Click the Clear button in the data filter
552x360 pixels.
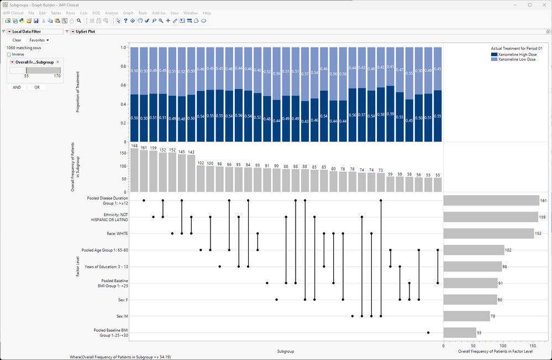[x=17, y=40]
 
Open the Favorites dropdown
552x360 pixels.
[x=39, y=40]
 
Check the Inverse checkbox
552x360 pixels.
[x=9, y=54]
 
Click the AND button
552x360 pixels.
[x=17, y=87]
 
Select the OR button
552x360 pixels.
[x=37, y=87]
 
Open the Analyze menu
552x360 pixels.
[x=111, y=13]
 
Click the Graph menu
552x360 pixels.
[x=128, y=13]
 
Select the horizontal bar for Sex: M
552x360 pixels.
[x=466, y=316]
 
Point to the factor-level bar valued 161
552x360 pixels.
[x=491, y=200]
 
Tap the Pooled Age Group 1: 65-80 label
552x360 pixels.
[x=104, y=250]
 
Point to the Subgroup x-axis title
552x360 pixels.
[x=286, y=351]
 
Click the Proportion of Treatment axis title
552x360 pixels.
[x=78, y=92]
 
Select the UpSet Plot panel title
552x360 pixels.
[x=85, y=32]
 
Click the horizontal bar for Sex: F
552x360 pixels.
[x=470, y=300]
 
